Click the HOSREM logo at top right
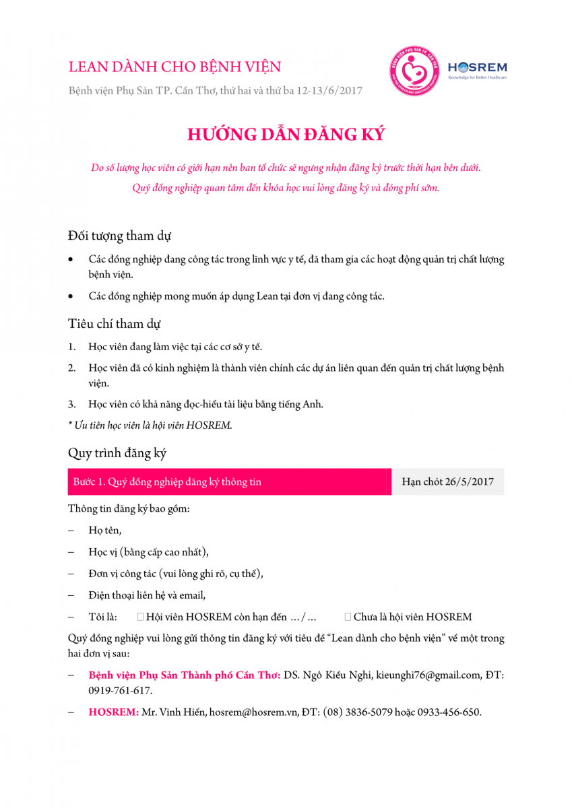tap(477, 69)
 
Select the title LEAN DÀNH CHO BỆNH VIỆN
tap(174, 67)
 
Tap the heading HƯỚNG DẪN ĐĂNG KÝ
tap(286, 134)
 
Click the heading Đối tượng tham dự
tap(119, 236)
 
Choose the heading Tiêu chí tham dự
tap(115, 323)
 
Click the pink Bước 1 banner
tap(229, 482)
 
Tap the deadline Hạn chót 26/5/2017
tap(447, 482)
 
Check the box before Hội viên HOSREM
tap(140, 617)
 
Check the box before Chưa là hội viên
tap(348, 617)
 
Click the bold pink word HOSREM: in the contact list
tap(114, 712)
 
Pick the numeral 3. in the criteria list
tap(71, 405)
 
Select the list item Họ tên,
tap(105, 531)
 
